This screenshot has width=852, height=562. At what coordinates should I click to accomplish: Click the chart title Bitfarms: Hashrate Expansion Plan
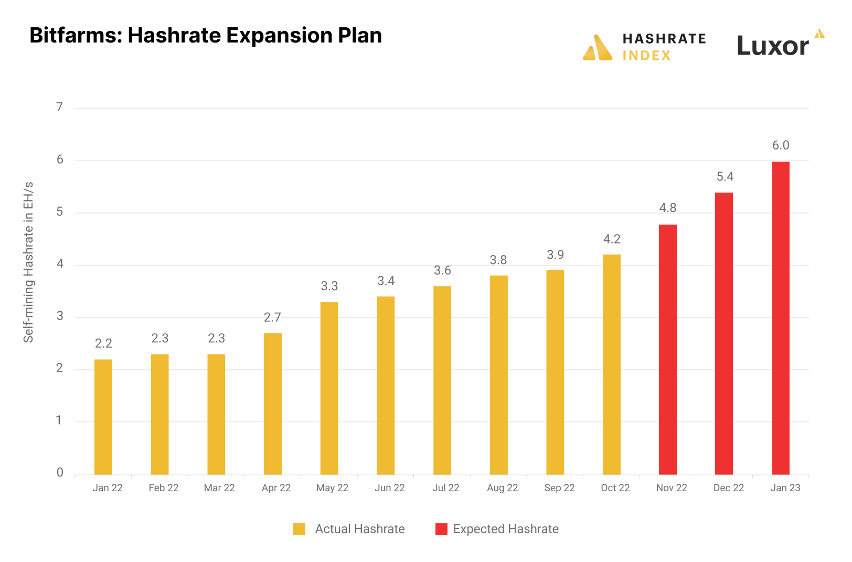(206, 36)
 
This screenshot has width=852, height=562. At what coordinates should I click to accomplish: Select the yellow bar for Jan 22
(103, 417)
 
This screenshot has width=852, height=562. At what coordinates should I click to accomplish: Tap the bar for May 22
(329, 388)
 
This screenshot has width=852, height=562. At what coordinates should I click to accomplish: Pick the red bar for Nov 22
(668, 349)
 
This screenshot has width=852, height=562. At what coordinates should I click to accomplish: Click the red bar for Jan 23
(781, 318)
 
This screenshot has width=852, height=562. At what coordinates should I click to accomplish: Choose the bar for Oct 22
(612, 365)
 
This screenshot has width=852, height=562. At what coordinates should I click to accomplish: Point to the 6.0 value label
(781, 145)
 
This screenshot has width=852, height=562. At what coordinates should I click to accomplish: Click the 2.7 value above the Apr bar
(272, 317)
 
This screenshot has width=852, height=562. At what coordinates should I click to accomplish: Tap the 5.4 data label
(725, 177)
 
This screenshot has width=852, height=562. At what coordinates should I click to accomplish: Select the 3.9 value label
(555, 255)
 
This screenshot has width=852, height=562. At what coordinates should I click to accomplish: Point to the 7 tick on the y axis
(60, 108)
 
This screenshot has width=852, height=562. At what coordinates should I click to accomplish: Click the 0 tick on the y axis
(60, 473)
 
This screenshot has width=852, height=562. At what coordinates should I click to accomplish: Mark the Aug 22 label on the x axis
(502, 488)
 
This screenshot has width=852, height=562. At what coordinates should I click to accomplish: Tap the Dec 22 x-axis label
(729, 488)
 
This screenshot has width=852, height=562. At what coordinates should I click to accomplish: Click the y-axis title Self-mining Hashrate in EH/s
(28, 262)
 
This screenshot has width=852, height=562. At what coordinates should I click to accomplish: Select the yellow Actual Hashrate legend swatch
(299, 529)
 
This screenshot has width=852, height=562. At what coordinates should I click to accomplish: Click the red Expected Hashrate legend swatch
(441, 529)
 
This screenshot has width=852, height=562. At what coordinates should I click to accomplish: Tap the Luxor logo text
(772, 46)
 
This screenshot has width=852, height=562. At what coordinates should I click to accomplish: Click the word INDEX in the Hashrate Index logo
(646, 56)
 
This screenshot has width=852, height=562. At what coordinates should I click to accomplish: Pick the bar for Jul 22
(442, 380)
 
